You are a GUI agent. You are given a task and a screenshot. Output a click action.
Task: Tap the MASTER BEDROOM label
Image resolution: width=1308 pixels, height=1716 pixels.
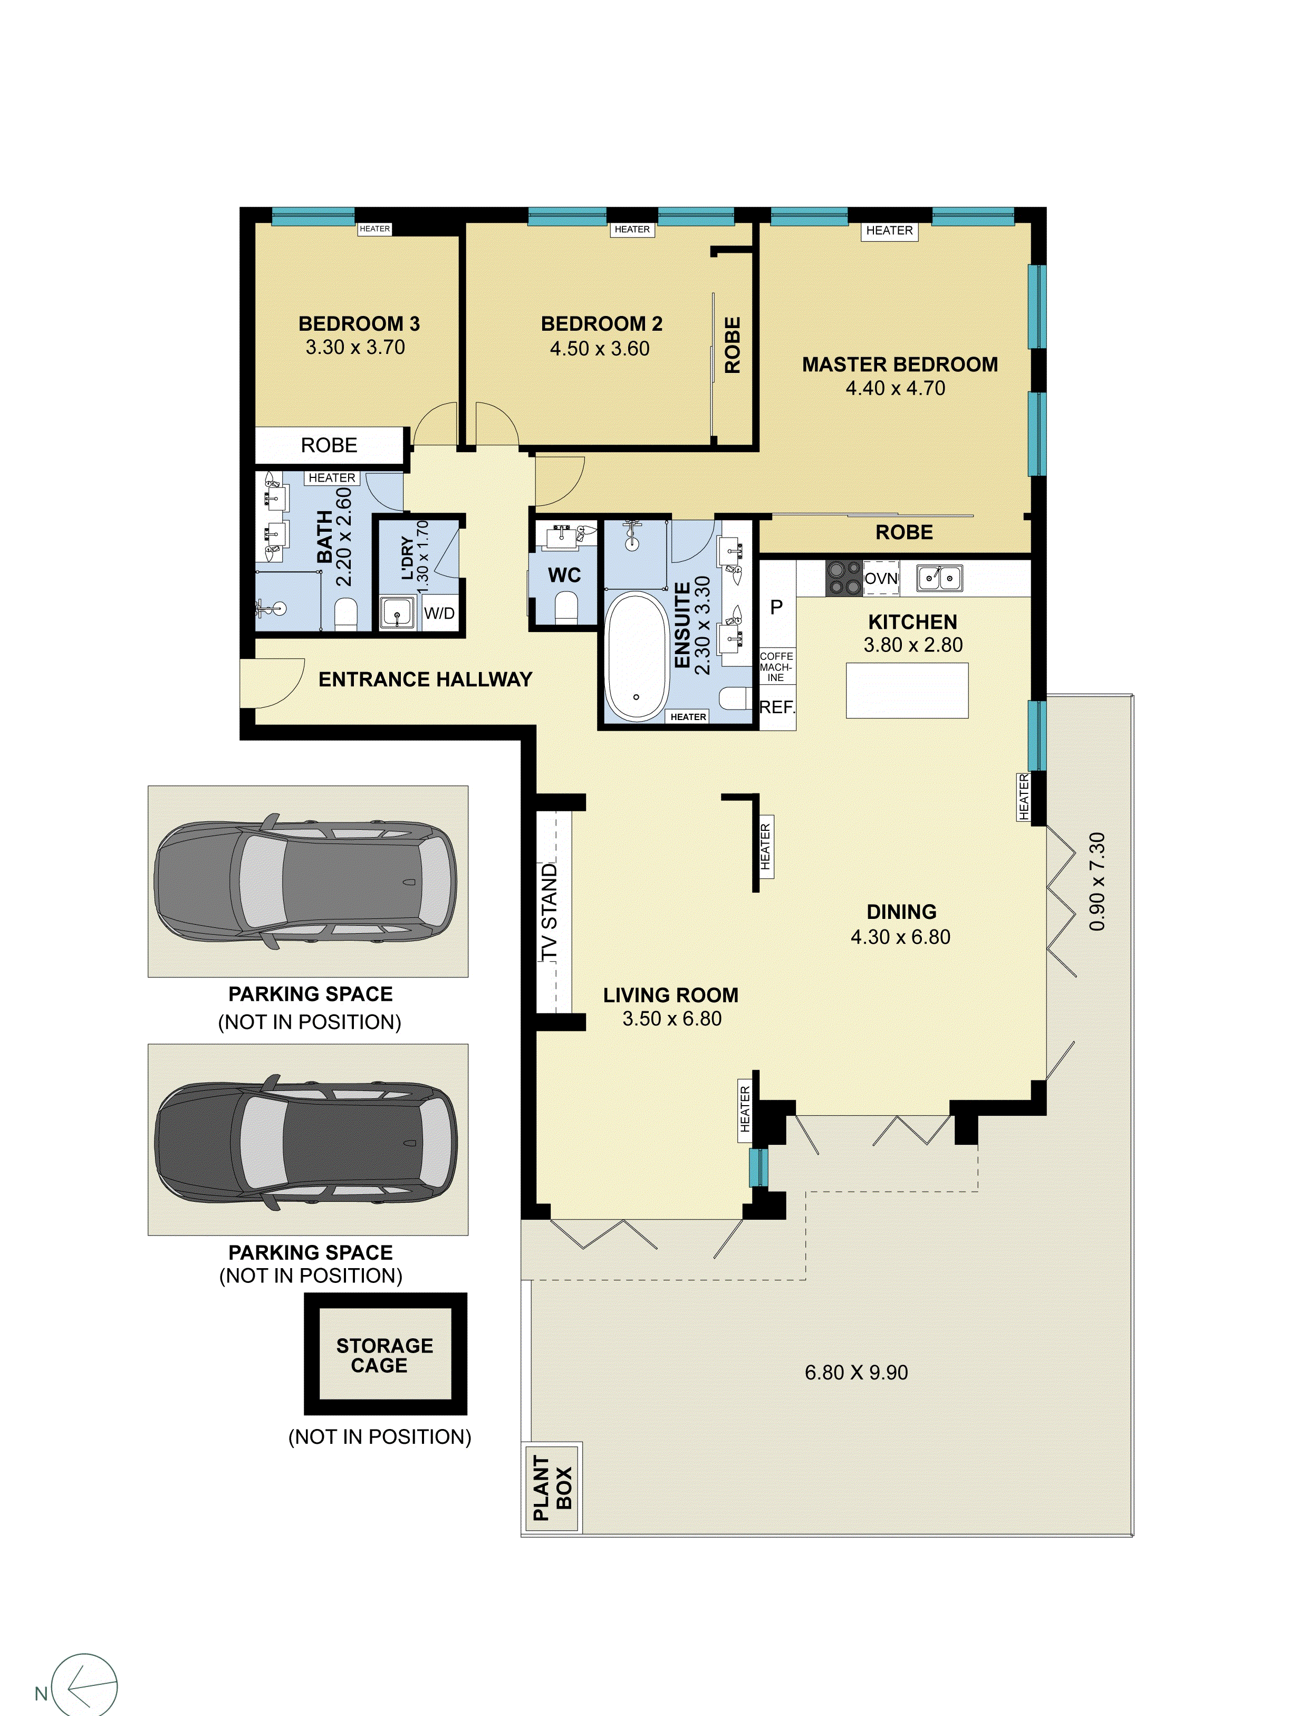coord(899,365)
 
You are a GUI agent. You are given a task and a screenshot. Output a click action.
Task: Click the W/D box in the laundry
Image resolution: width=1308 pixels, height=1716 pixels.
coord(439,613)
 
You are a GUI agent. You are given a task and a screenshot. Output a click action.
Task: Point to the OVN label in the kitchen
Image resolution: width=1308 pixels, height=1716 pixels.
coord(881,579)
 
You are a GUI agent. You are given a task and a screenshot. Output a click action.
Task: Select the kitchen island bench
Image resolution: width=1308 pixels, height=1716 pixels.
coord(907,691)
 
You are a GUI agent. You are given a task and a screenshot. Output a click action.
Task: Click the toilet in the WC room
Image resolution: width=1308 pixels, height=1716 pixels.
coord(566,607)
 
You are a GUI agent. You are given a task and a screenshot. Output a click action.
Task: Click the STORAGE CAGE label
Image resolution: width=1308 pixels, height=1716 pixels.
coord(384,1356)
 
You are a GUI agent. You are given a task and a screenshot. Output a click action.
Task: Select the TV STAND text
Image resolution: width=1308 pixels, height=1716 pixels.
coord(550,911)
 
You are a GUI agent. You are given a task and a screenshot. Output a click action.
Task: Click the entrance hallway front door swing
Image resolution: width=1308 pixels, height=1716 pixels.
coord(273,683)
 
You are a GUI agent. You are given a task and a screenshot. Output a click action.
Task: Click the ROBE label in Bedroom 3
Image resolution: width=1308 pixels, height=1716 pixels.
coord(329,445)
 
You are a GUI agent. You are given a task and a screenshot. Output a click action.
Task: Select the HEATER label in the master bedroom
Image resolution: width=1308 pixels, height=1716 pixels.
coord(889,231)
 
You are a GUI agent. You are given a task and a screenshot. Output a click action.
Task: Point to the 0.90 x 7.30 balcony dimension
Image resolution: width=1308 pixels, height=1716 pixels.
coord(1097,881)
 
